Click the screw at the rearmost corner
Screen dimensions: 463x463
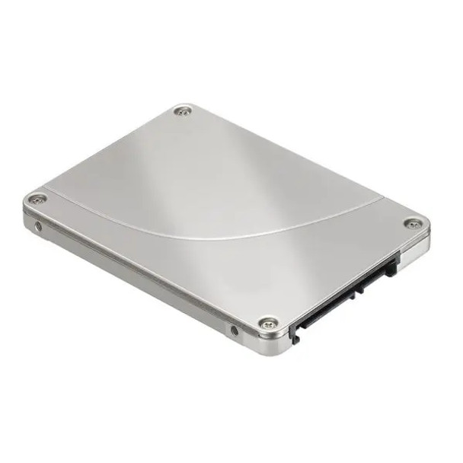(181, 112)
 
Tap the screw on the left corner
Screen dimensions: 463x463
(37, 200)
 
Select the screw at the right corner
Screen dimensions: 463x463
(412, 223)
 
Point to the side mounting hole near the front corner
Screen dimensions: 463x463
(234, 330)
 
